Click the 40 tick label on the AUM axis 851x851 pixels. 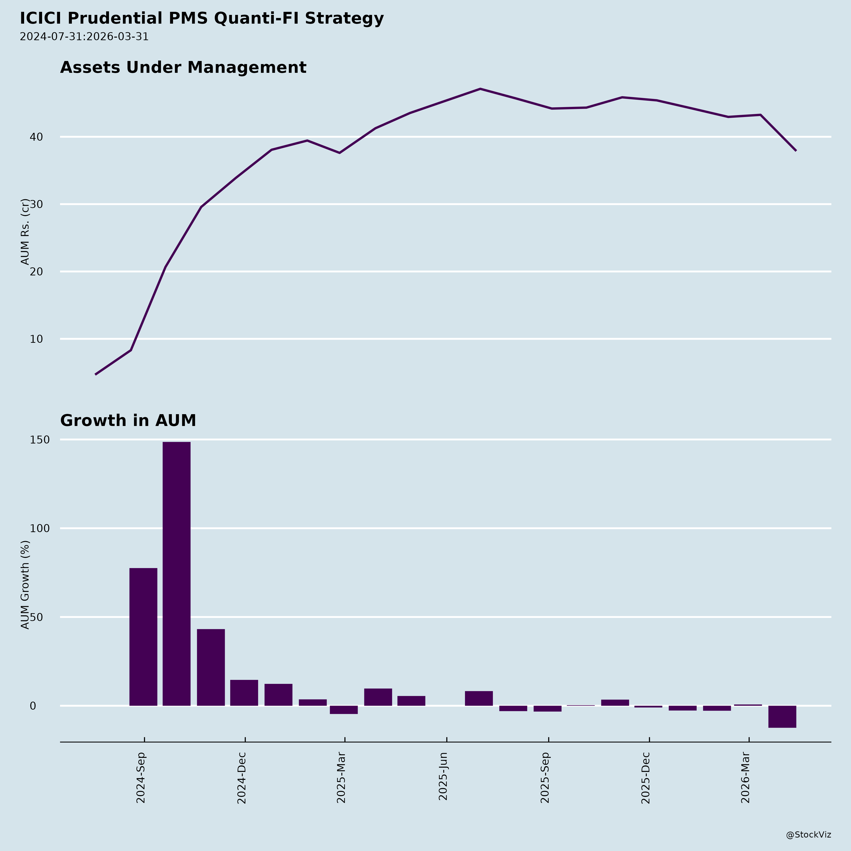coord(37,137)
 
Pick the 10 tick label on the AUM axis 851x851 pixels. coord(37,339)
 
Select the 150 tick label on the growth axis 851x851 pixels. coord(40,440)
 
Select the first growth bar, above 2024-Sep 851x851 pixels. coord(143,637)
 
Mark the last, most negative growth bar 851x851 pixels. coord(782,717)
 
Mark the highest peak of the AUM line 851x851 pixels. coord(480,89)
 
